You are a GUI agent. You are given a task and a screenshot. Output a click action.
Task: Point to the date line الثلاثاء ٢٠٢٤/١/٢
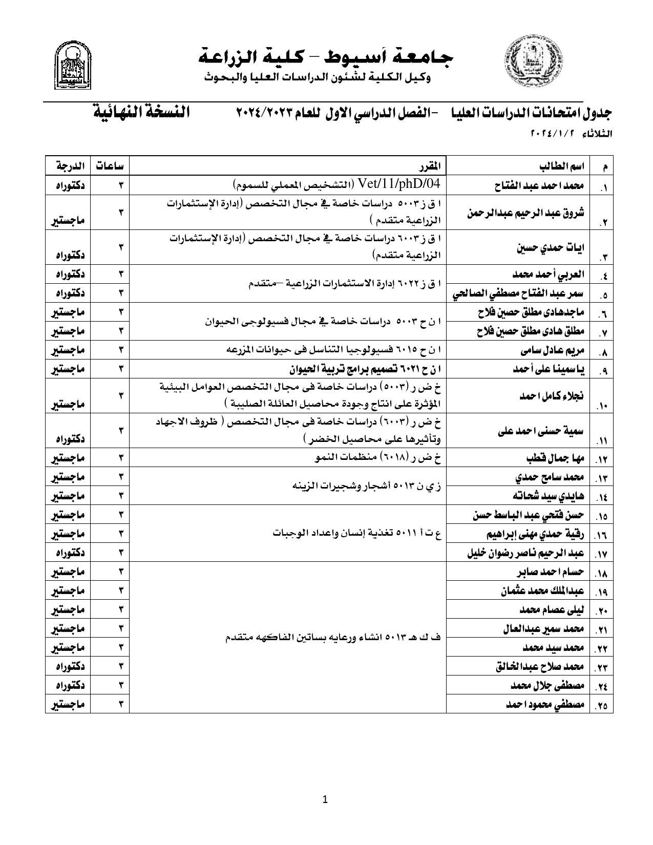coord(571,134)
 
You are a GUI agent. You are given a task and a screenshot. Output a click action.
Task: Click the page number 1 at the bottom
coord(326,799)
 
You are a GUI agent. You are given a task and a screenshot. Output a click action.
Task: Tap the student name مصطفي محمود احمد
coord(545,705)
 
